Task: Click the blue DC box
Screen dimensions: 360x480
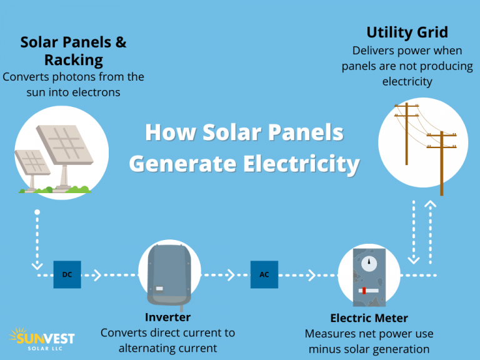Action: tap(67, 274)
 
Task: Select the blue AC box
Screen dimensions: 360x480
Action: tap(264, 274)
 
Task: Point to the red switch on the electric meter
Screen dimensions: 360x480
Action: tap(364, 291)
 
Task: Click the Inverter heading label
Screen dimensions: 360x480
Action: tap(167, 317)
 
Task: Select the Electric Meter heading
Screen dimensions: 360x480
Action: tap(369, 318)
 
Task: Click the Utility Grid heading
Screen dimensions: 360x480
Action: tap(407, 32)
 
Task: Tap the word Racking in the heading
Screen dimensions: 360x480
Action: tap(73, 60)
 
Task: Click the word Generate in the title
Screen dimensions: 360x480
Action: tap(181, 164)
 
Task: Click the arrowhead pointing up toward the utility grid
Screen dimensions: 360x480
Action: tap(430, 204)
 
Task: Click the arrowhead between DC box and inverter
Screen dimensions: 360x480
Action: tap(97, 274)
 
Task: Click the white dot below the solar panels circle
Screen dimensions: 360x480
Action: tap(37, 213)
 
